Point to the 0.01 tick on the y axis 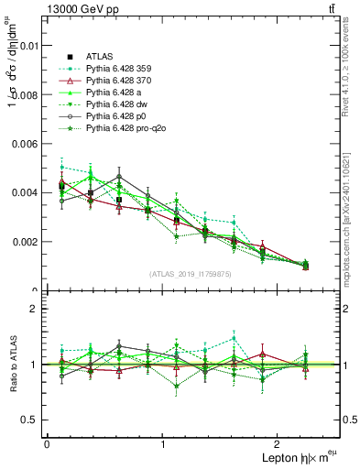(28, 45)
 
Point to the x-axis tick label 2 (280, 443)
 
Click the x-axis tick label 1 (163, 443)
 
